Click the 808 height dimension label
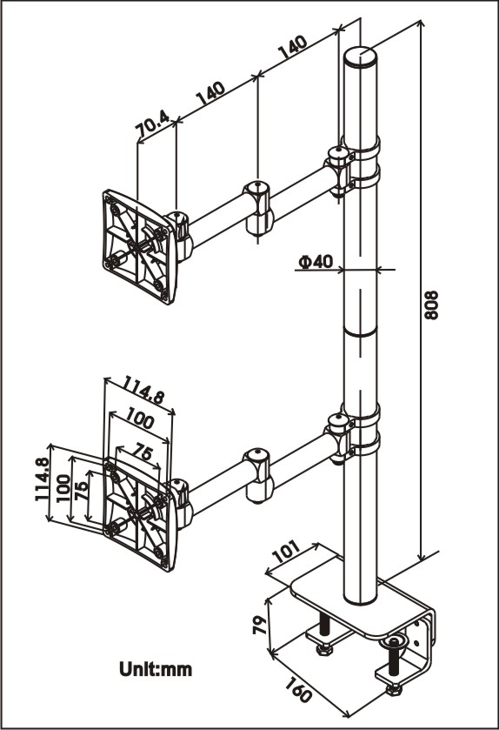point(432,305)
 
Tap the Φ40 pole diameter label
point(316,261)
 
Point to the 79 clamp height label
point(260,625)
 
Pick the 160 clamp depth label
point(298,689)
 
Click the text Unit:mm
point(156,669)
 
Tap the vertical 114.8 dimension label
point(42,479)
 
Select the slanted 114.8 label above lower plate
point(143,389)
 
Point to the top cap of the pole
point(361,57)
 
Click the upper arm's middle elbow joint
point(258,207)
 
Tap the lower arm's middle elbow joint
point(258,475)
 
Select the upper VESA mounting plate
point(139,246)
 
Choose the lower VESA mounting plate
point(139,514)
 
